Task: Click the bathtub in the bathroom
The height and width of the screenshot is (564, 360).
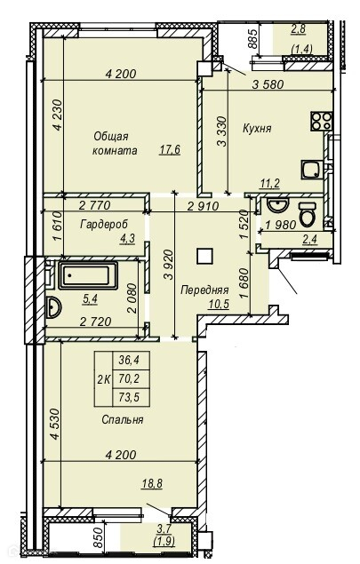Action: pyautogui.click(x=88, y=275)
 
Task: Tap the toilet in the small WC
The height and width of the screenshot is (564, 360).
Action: pyautogui.click(x=308, y=214)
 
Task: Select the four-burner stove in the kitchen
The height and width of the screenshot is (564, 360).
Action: pyautogui.click(x=321, y=121)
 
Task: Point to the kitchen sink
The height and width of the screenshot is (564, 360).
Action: pyautogui.click(x=311, y=170)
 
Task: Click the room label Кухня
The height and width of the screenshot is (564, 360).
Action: pyautogui.click(x=257, y=129)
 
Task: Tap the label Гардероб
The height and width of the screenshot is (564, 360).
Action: pyautogui.click(x=104, y=225)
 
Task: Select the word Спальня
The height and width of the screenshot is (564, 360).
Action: pyautogui.click(x=123, y=419)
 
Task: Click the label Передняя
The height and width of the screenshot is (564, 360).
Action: pyautogui.click(x=204, y=290)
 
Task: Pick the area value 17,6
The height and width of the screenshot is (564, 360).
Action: pyautogui.click(x=170, y=149)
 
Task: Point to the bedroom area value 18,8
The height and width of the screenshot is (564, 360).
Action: pyautogui.click(x=152, y=483)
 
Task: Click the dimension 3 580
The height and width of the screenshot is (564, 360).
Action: pyautogui.click(x=268, y=84)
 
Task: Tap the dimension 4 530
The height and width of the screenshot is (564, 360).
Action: pyautogui.click(x=55, y=424)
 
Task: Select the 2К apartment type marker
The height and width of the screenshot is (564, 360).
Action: pyautogui.click(x=104, y=379)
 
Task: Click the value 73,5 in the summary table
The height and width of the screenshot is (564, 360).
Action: pyautogui.click(x=129, y=397)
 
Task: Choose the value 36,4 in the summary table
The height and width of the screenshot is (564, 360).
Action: pyautogui.click(x=129, y=360)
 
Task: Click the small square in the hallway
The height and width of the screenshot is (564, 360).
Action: pyautogui.click(x=204, y=257)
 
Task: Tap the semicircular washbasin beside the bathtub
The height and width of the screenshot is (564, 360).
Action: pyautogui.click(x=53, y=307)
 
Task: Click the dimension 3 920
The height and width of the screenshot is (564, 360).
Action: pyautogui.click(x=169, y=265)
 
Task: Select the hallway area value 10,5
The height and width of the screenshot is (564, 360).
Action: pyautogui.click(x=219, y=305)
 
